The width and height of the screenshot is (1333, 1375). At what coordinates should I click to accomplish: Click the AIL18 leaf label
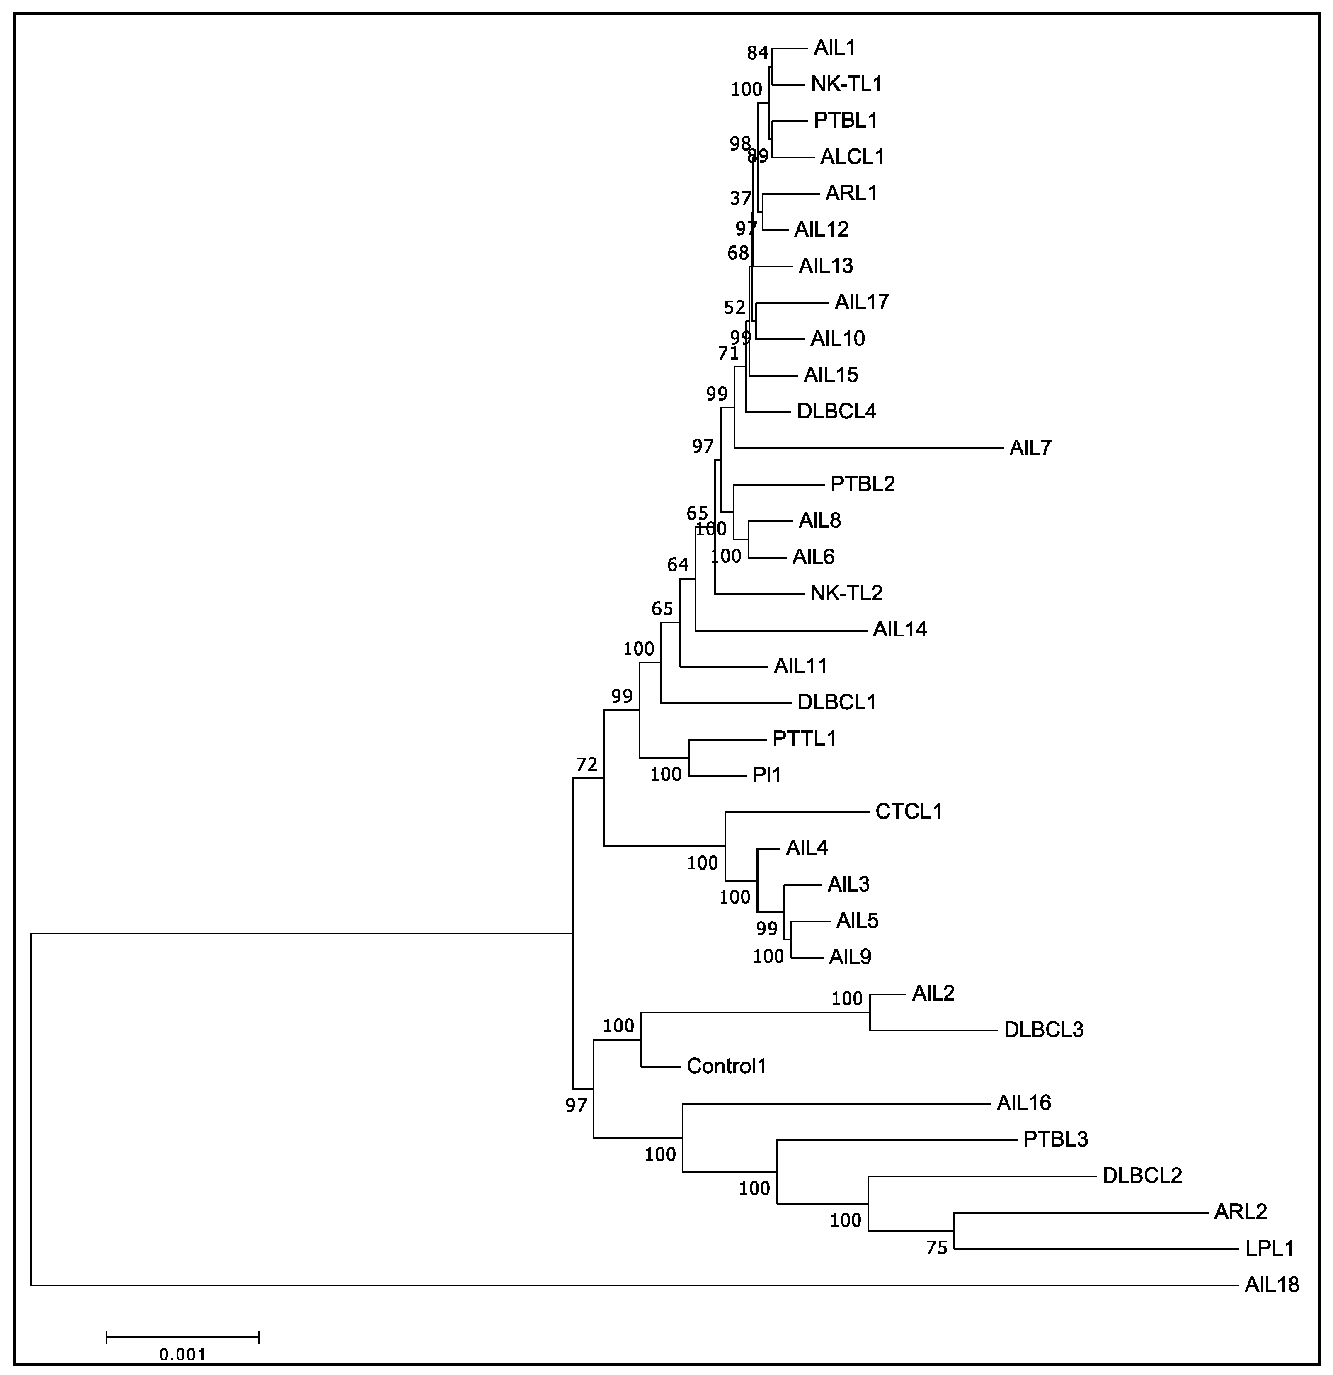pos(1271,1285)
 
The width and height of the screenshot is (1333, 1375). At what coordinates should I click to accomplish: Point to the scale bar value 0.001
pos(182,1354)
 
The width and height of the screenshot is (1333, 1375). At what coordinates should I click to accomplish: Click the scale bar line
pos(182,1336)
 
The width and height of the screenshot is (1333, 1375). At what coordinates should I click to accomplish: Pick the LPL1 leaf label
pos(1269,1248)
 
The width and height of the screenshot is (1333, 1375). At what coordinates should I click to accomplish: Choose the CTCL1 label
pos(908,811)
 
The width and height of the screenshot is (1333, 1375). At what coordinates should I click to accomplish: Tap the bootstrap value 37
pos(740,199)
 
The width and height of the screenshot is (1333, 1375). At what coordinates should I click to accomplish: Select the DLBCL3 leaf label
pos(1043,1030)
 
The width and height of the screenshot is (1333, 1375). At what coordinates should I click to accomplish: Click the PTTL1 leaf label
pos(804,739)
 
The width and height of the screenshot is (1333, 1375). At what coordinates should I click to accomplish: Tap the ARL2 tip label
pos(1241,1212)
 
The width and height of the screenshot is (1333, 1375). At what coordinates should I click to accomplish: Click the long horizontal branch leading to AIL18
pos(631,1285)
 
